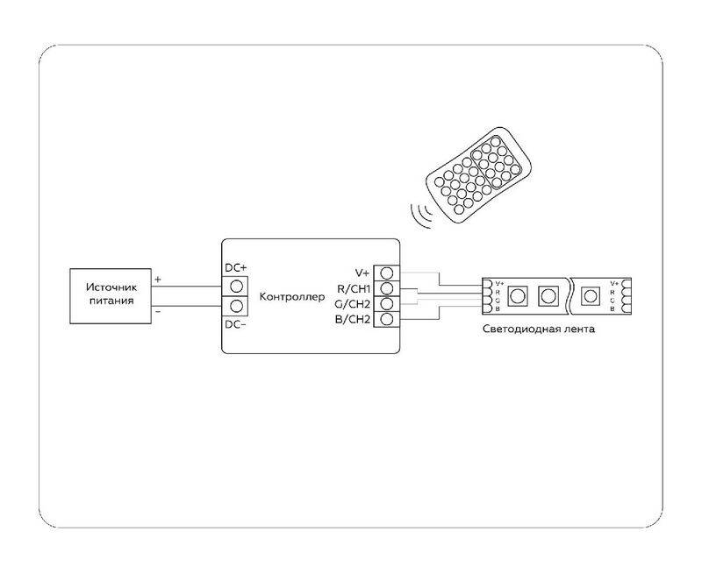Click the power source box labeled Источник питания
[111, 294]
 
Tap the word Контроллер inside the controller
[292, 297]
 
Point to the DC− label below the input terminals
[235, 325]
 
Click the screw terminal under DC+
[235, 286]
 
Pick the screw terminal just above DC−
[235, 306]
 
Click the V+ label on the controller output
[360, 273]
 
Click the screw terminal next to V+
[385, 273]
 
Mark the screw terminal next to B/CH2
[385, 320]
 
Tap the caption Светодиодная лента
[539, 330]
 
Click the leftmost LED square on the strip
[518, 295]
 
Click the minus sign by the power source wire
[158, 311]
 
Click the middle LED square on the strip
[549, 295]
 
